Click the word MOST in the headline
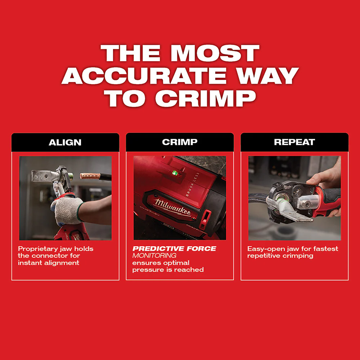215,54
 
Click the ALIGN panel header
65,142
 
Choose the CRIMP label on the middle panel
180,142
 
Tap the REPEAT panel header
294,142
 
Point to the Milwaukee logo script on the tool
173,208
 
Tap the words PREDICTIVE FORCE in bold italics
174,249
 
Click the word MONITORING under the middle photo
154,256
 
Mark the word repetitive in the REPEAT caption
264,256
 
